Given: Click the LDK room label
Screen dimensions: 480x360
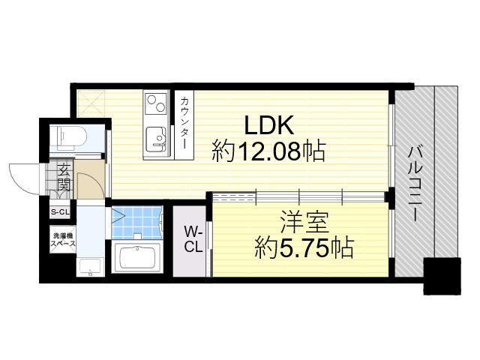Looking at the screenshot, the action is pyautogui.click(x=269, y=125).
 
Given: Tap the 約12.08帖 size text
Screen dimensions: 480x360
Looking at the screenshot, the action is pyautogui.click(x=268, y=151).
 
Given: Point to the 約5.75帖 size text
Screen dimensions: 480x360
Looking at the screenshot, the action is pyautogui.click(x=304, y=247).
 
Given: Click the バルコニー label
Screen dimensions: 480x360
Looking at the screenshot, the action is pyautogui.click(x=415, y=184).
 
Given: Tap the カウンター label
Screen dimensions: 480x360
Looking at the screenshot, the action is pyautogui.click(x=184, y=123).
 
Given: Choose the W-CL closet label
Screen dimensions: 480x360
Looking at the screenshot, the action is pyautogui.click(x=193, y=238).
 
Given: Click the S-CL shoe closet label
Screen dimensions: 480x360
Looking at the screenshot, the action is pyautogui.click(x=60, y=211).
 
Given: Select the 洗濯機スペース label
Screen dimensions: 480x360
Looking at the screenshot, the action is pyautogui.click(x=63, y=240).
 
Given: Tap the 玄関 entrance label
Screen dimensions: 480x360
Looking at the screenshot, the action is pyautogui.click(x=64, y=178).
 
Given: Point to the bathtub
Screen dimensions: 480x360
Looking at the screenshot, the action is pyautogui.click(x=136, y=257).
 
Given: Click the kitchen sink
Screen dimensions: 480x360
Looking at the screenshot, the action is pyautogui.click(x=156, y=139).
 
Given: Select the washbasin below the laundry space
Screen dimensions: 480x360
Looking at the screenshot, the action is pyautogui.click(x=90, y=267).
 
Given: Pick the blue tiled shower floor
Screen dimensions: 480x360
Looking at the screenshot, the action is pyautogui.click(x=136, y=222).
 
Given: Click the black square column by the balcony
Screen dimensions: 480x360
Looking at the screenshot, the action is pyautogui.click(x=442, y=276).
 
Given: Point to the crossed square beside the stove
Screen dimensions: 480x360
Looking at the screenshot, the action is pyautogui.click(x=91, y=103).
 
